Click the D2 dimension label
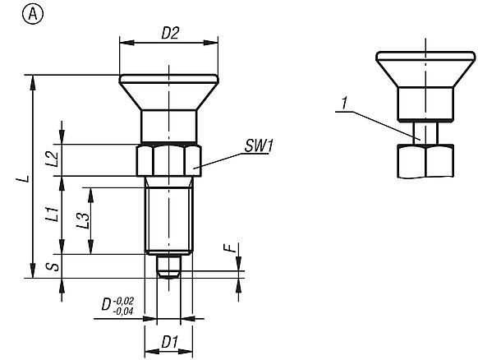170,34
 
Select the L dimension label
25,177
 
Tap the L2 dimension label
52,159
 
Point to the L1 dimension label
52,215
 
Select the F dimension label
232,248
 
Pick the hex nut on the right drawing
425,162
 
